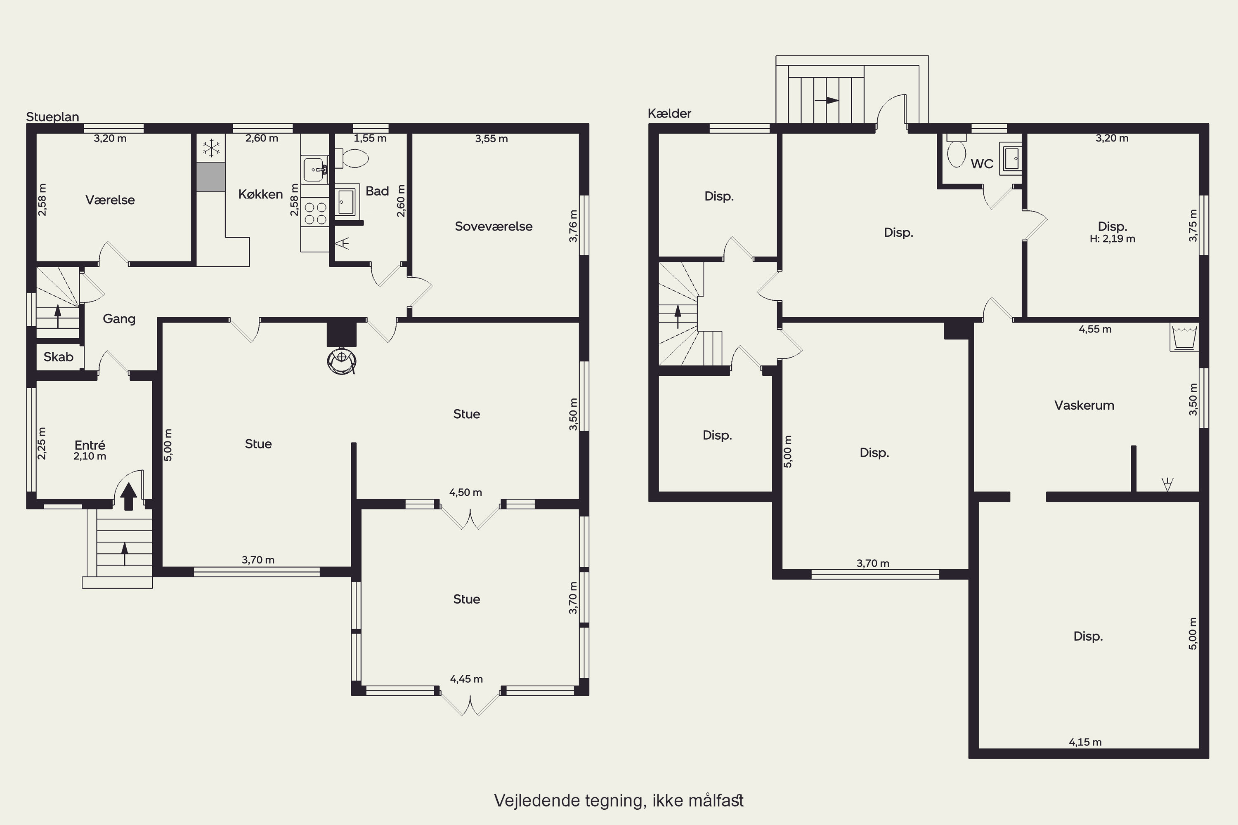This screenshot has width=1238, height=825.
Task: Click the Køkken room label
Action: coord(260,194)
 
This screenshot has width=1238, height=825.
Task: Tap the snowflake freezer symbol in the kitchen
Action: coord(212,148)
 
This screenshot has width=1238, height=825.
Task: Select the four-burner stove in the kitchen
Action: coord(315,213)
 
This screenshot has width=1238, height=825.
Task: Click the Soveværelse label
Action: coord(494,226)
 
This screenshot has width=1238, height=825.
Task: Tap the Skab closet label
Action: coord(59,357)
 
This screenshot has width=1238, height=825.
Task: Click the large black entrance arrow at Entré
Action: coord(128,496)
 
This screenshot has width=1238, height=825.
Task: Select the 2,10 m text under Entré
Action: coord(90,456)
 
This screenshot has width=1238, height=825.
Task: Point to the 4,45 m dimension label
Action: coord(466,679)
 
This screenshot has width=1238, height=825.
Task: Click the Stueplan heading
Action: coord(53,117)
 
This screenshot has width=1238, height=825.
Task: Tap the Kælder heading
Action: coord(669,113)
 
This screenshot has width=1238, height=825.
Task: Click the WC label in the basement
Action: coord(982,164)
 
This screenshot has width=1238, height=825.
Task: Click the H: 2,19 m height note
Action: coord(1112,239)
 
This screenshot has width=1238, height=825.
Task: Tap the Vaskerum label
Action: coord(1084,405)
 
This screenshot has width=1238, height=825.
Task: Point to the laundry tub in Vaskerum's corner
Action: coord(1184,337)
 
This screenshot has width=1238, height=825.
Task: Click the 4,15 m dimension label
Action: coord(1085,742)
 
